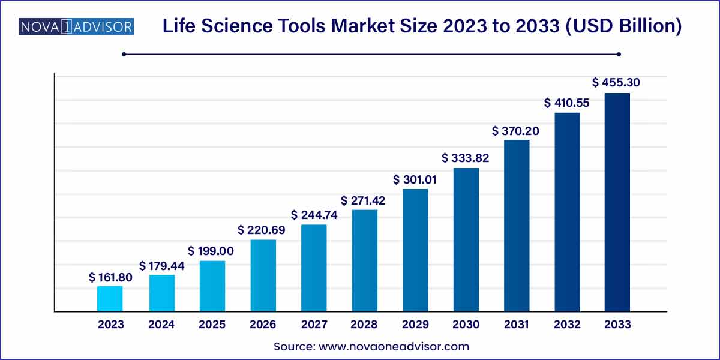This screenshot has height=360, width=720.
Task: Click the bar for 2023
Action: pos(110,299)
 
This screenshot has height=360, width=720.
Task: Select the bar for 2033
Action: pos(617,202)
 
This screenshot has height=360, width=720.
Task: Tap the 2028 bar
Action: pos(364,260)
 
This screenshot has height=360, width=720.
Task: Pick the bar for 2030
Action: pos(466,239)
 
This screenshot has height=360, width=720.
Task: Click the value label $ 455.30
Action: pos(616,82)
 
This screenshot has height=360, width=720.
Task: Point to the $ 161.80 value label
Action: pos(110,277)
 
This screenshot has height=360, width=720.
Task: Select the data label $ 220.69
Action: pos(262,230)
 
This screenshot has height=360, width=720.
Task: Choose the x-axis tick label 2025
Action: pos(212,325)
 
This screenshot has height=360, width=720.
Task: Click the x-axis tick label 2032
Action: pos(567,325)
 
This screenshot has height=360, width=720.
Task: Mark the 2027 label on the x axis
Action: pos(313,325)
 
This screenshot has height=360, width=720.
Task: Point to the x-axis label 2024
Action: pos(161,325)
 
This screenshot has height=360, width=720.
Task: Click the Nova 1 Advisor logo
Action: pos(76,27)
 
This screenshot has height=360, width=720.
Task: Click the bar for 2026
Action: pos(263,275)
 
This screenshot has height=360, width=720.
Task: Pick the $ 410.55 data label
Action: pos(567,103)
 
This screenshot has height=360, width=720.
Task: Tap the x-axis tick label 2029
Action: pos(415,325)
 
